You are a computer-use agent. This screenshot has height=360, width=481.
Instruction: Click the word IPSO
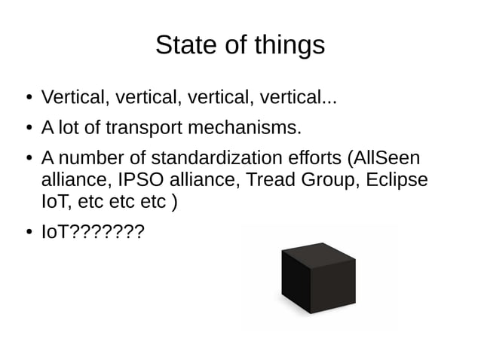click(140, 181)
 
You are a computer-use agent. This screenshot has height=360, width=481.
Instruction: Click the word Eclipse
click(400, 182)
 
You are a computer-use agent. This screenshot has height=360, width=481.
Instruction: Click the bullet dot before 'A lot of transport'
click(26, 129)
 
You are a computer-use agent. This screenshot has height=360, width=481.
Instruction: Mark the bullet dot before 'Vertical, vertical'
click(26, 98)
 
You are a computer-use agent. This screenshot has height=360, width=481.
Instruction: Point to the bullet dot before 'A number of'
click(26, 160)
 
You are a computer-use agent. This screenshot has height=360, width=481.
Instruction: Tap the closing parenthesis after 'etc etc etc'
click(175, 203)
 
